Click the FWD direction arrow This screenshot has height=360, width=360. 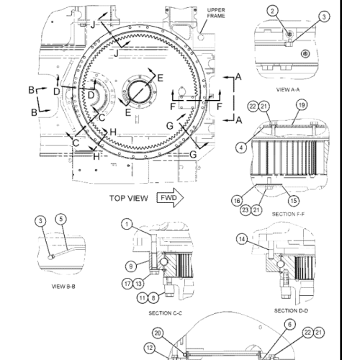click(171, 198)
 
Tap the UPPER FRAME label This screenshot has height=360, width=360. click(216, 13)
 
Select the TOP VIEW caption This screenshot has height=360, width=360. click(129, 198)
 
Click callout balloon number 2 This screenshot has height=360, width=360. click(272, 11)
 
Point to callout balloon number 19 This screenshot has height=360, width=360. click(302, 105)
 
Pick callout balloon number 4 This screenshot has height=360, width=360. click(241, 148)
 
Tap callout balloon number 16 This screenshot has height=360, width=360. click(237, 201)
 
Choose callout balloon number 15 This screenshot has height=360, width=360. click(294, 201)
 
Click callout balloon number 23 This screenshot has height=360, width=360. click(246, 210)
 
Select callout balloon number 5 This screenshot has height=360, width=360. click(61, 219)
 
